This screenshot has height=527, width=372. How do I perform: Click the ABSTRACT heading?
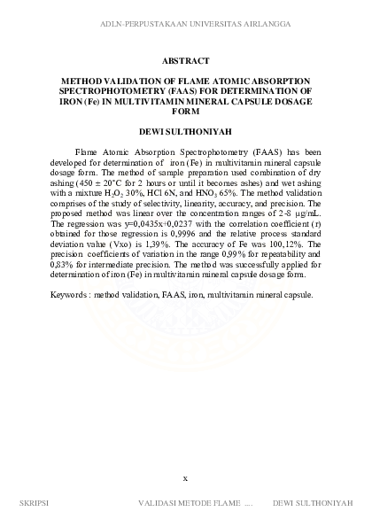[185, 61]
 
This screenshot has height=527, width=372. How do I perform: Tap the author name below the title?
[185, 131]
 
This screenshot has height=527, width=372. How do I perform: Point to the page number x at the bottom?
[185, 477]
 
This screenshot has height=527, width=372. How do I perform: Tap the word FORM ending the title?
[185, 112]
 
